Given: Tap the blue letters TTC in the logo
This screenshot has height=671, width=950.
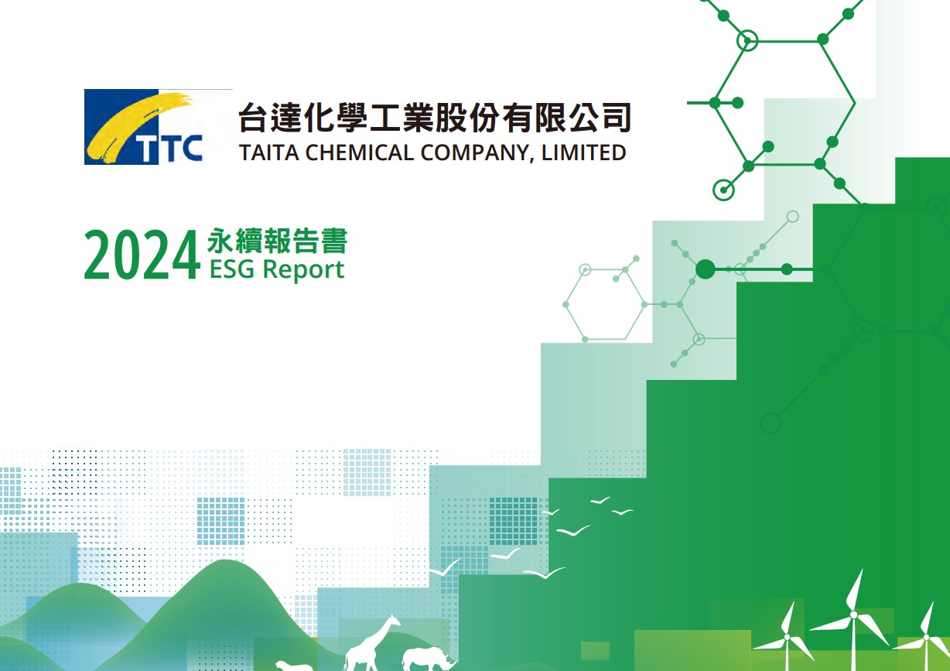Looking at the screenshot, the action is [x=169, y=149].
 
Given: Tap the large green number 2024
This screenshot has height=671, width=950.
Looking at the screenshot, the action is [x=142, y=255].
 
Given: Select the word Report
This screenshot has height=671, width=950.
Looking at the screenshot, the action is [x=304, y=270].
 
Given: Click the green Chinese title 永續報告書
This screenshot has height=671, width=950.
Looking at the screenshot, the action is [x=278, y=241].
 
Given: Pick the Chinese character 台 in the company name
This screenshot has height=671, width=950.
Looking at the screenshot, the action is [x=253, y=117].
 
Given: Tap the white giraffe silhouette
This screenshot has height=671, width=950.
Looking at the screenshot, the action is [x=371, y=643].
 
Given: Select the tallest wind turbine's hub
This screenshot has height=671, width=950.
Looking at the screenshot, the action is [x=853, y=615].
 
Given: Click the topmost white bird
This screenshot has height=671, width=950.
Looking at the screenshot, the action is [x=600, y=501].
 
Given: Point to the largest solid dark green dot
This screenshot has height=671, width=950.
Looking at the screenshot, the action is [x=706, y=269].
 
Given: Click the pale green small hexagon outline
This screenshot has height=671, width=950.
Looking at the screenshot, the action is [x=605, y=304].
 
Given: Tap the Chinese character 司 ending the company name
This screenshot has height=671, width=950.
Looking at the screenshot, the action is [x=617, y=117].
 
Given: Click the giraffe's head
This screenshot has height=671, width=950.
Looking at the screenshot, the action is [x=394, y=621].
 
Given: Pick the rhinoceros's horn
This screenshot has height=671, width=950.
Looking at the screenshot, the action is [x=452, y=661].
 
